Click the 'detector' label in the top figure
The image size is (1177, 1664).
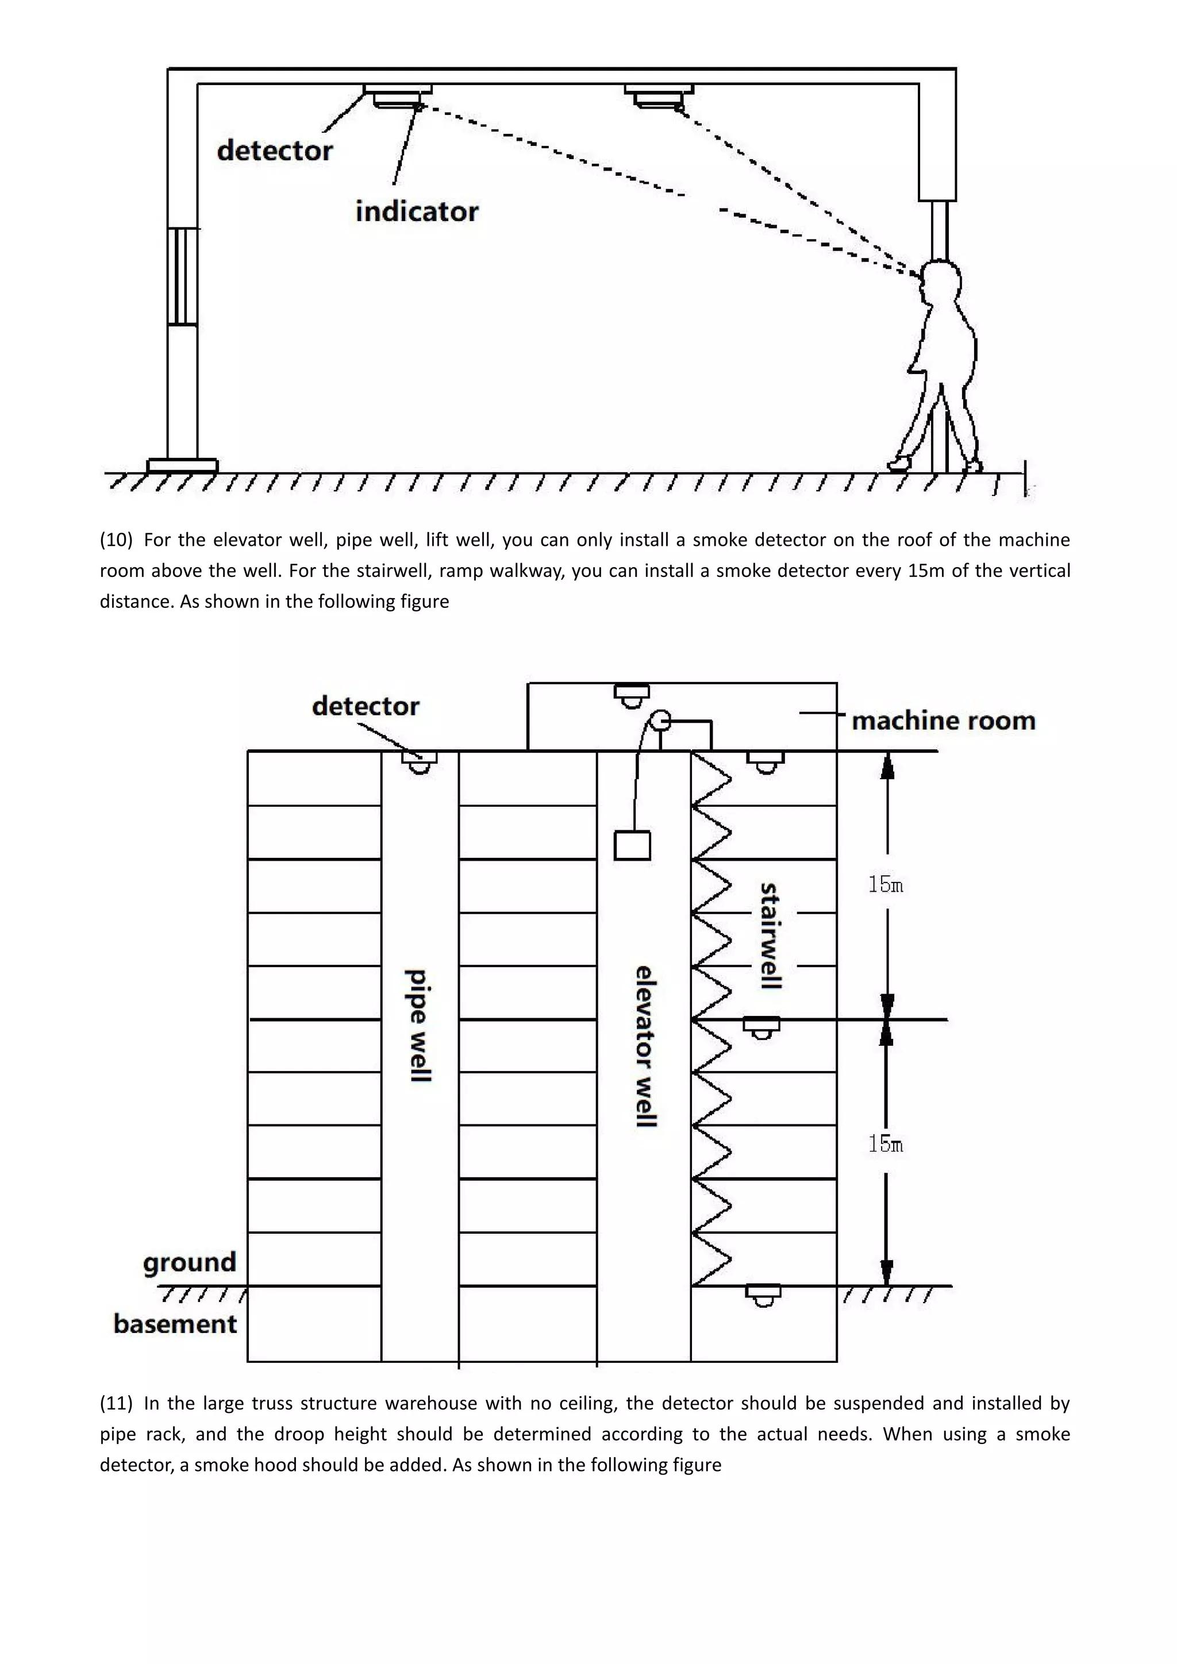(275, 151)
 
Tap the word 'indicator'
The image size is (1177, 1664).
(417, 211)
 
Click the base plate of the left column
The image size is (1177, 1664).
(182, 465)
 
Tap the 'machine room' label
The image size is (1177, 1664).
(943, 721)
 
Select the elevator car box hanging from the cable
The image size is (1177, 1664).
(632, 845)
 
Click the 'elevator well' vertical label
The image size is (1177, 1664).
(645, 1046)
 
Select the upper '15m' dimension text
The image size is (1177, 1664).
(886, 884)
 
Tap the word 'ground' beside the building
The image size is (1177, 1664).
(190, 1262)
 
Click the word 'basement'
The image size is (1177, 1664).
(175, 1324)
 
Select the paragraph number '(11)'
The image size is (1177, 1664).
(116, 1403)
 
